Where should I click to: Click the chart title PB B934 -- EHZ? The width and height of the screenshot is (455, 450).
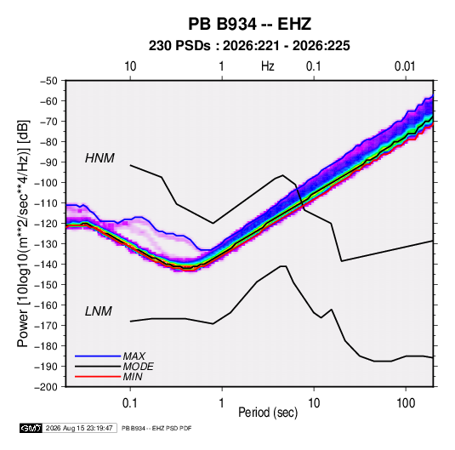click(249, 24)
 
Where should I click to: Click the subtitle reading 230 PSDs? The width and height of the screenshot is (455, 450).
click(179, 46)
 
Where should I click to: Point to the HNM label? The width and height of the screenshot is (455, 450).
click(100, 158)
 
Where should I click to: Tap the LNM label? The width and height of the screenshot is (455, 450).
click(99, 311)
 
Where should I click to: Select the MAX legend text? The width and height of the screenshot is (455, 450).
click(134, 356)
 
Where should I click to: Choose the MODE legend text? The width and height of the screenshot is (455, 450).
click(138, 367)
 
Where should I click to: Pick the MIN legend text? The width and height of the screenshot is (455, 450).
click(133, 377)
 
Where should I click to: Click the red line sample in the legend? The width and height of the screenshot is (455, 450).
click(98, 377)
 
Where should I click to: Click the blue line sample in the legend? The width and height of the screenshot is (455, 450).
click(98, 356)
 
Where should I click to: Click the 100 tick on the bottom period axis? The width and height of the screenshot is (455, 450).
click(406, 403)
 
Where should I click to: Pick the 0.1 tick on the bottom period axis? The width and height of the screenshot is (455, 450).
click(130, 403)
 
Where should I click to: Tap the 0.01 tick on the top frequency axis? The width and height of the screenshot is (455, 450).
click(405, 66)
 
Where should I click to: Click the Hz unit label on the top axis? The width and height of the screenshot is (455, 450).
click(268, 66)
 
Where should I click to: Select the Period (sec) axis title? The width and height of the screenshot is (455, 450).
click(268, 413)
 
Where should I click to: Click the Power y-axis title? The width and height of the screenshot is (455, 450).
click(23, 233)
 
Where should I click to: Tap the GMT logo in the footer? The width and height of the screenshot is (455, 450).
click(31, 428)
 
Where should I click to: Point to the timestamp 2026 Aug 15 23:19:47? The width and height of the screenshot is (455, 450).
click(79, 428)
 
